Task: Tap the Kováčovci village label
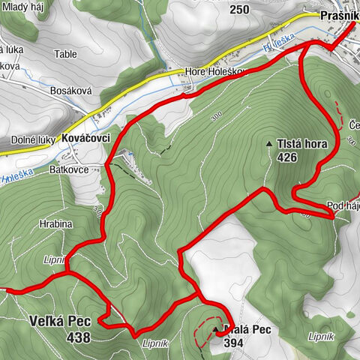click(88, 139)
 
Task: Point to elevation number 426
click(287, 157)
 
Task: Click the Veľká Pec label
click(60, 322)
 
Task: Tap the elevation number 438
click(77, 337)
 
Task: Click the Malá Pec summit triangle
click(216, 329)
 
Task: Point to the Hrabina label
click(56, 223)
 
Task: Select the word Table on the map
click(66, 55)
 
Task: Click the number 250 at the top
click(239, 9)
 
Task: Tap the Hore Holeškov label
click(214, 73)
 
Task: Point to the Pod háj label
click(343, 205)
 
